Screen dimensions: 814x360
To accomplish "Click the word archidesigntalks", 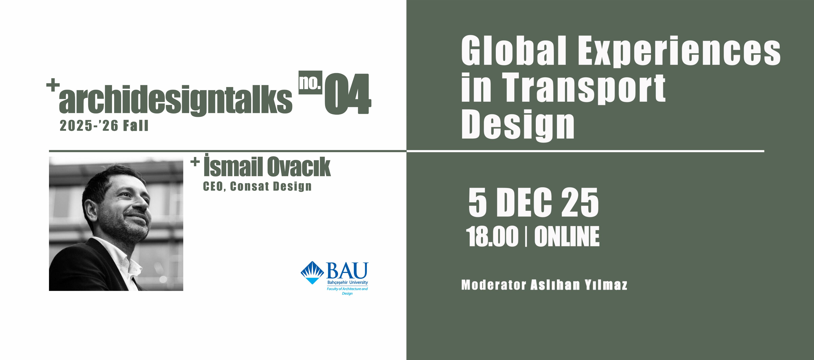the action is pyautogui.click(x=175, y=100).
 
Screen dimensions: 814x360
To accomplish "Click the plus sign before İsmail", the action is pyautogui.click(x=195, y=162).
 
